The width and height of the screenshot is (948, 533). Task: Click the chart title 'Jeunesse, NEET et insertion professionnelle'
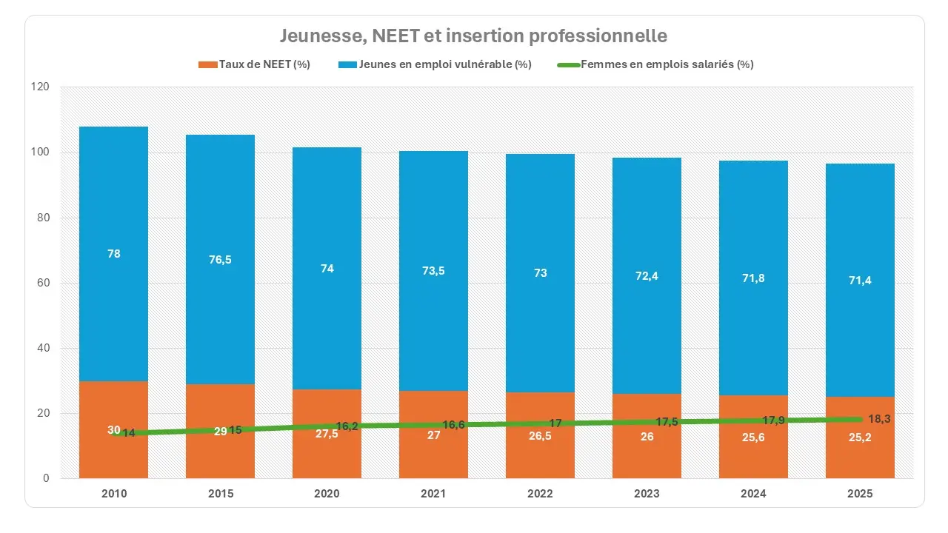tap(473, 36)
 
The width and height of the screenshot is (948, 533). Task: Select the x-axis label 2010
tap(113, 494)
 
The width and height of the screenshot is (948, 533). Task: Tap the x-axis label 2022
tap(540, 494)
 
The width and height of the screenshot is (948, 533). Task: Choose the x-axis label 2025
tap(860, 494)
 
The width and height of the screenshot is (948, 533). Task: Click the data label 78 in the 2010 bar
tap(113, 254)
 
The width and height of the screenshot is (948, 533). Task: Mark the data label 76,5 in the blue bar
tap(220, 259)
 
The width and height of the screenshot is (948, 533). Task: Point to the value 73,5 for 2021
tap(433, 271)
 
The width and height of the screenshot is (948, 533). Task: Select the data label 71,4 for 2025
tap(860, 280)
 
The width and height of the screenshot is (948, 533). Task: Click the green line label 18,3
tap(879, 419)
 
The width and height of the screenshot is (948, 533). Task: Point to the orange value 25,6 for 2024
tap(753, 438)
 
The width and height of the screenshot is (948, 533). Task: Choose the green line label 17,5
tap(667, 422)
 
